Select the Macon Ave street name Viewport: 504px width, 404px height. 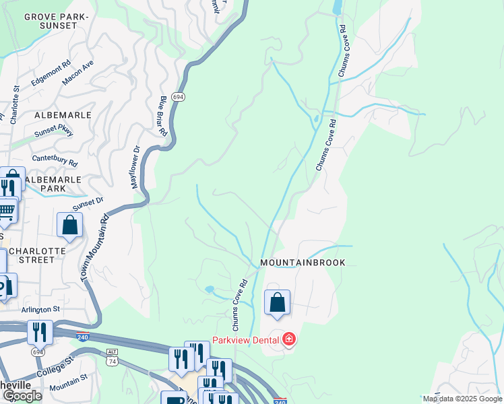77,74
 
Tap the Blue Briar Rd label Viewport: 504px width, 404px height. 162,116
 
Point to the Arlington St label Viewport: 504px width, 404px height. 42,308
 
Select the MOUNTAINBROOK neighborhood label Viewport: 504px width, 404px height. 303,263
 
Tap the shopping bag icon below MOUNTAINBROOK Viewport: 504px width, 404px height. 277,303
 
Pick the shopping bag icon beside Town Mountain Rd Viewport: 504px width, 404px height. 70,226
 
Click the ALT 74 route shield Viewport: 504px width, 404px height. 113,357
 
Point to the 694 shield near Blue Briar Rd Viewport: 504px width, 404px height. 178,97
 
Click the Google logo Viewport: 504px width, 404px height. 22,396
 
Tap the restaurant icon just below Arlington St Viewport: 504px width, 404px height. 40,332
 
